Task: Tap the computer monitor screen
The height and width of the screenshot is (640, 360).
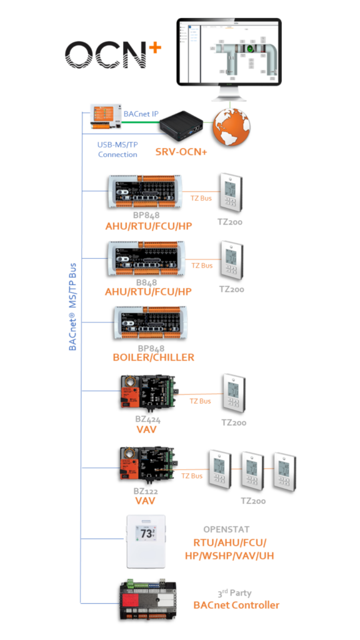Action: (x=228, y=51)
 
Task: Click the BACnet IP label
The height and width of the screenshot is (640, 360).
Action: (x=140, y=114)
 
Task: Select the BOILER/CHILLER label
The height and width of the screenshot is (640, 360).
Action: (x=154, y=357)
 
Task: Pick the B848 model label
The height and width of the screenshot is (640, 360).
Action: (x=146, y=282)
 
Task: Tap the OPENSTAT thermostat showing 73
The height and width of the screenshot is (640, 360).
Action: (x=146, y=542)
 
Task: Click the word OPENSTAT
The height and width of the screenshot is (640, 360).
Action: (x=226, y=530)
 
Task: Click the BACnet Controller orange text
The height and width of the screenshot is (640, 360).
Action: (x=236, y=604)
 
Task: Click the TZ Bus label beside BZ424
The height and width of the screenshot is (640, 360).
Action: (x=201, y=401)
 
